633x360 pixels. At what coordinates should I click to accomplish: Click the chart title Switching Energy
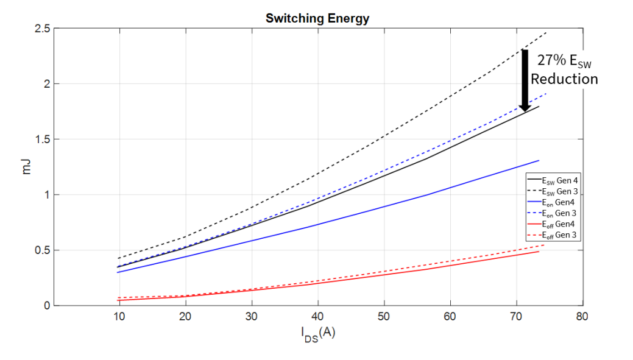(x=317, y=18)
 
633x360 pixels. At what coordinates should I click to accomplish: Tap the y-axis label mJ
(x=26, y=167)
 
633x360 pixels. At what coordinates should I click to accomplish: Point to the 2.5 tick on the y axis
(x=43, y=28)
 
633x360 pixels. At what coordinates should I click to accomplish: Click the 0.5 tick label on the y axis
(x=43, y=250)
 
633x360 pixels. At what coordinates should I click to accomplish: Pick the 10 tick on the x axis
(x=119, y=317)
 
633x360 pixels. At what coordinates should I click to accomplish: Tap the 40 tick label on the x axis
(x=317, y=317)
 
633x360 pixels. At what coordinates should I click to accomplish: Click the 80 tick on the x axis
(x=582, y=317)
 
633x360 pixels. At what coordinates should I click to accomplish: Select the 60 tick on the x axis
(x=450, y=317)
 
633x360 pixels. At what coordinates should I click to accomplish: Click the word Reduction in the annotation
(x=564, y=79)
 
